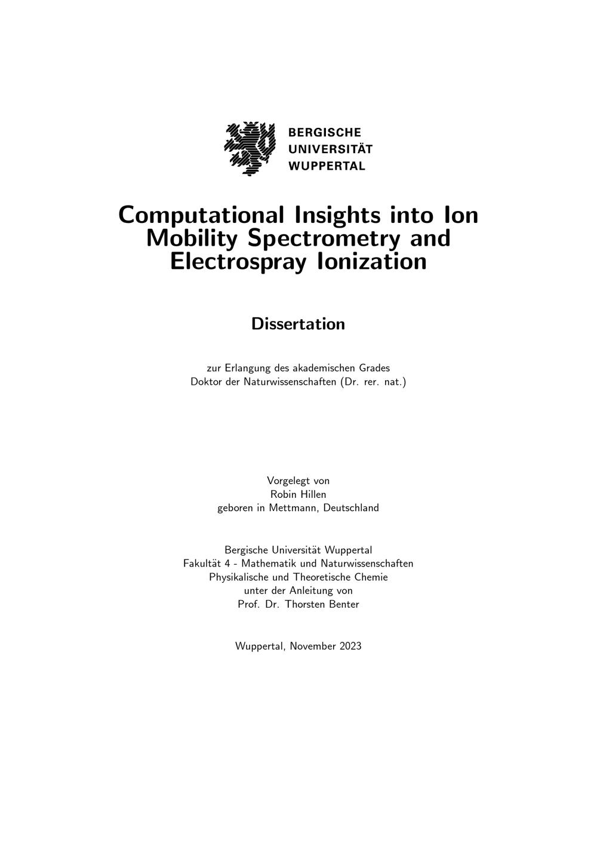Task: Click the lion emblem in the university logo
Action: click(x=250, y=149)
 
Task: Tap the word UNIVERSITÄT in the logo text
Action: click(x=330, y=149)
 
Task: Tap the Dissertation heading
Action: click(x=298, y=324)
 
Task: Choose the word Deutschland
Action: click(x=350, y=508)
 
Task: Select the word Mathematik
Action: click(x=272, y=564)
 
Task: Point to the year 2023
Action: click(x=350, y=646)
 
